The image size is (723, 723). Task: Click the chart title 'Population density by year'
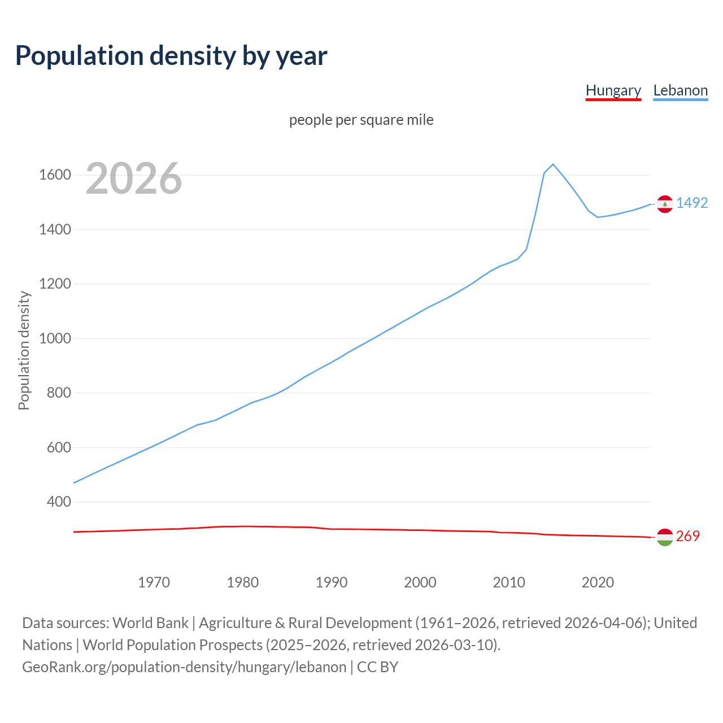(x=171, y=56)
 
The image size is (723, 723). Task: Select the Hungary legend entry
(x=613, y=90)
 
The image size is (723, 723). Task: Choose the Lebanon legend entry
(x=680, y=90)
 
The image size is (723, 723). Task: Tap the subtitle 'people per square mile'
(x=361, y=120)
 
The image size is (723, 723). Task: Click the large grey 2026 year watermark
(x=134, y=178)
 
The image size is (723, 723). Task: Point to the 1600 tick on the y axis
(x=55, y=175)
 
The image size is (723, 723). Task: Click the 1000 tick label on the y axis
(x=55, y=338)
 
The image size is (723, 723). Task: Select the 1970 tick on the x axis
(x=154, y=582)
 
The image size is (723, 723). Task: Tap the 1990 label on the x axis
(x=332, y=582)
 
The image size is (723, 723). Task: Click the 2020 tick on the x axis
(x=598, y=582)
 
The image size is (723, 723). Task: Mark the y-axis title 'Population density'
(x=24, y=350)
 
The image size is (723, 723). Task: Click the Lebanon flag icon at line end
(x=665, y=204)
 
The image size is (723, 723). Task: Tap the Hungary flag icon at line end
(x=665, y=537)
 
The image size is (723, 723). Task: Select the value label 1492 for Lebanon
(x=692, y=203)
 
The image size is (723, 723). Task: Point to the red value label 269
(x=687, y=536)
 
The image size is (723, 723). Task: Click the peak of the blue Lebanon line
(x=553, y=164)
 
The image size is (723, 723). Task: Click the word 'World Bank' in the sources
(x=150, y=622)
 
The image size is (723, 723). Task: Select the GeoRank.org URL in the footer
(x=184, y=667)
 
